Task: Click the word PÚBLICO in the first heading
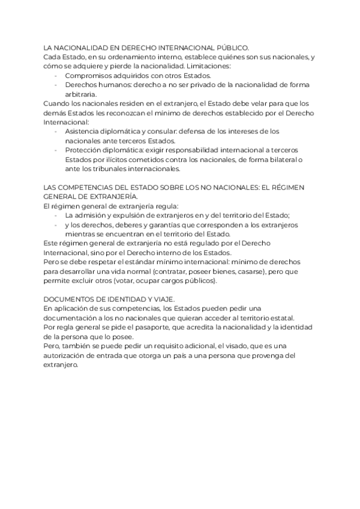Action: click(x=231, y=47)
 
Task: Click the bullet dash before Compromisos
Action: click(x=56, y=76)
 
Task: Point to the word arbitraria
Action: click(x=81, y=94)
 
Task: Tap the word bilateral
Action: click(x=277, y=159)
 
